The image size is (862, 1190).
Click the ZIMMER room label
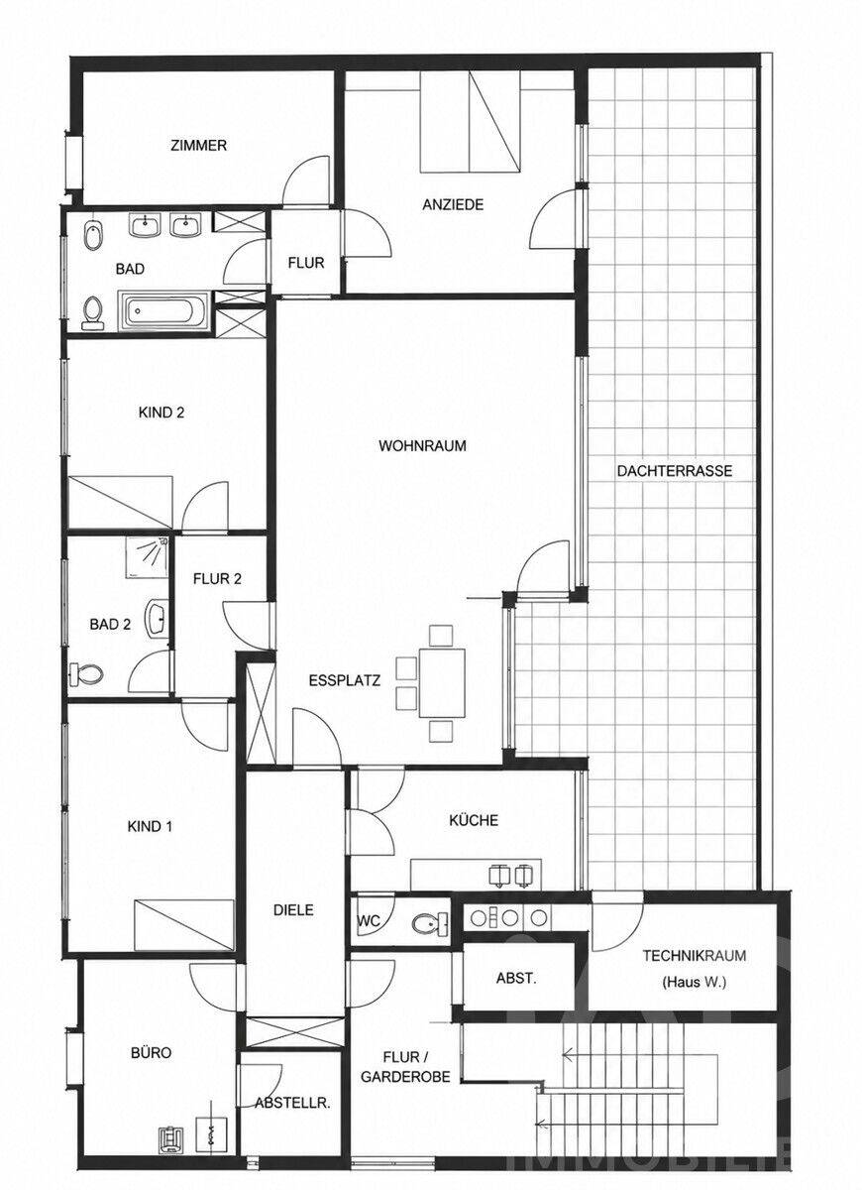click(199, 145)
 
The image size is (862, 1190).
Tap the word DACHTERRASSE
click(674, 471)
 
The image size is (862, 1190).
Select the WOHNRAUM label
click(422, 445)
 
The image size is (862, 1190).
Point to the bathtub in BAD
click(163, 310)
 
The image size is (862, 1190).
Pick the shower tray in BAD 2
click(147, 557)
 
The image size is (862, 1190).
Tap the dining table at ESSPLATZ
click(442, 682)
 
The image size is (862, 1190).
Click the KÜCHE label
click(474, 820)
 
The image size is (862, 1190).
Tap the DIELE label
click(293, 910)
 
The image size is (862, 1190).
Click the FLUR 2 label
click(217, 578)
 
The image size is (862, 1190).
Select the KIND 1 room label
click(151, 826)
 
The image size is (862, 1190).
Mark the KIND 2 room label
click(162, 413)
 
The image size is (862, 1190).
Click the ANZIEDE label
click(453, 204)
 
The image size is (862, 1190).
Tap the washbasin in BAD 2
click(158, 617)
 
